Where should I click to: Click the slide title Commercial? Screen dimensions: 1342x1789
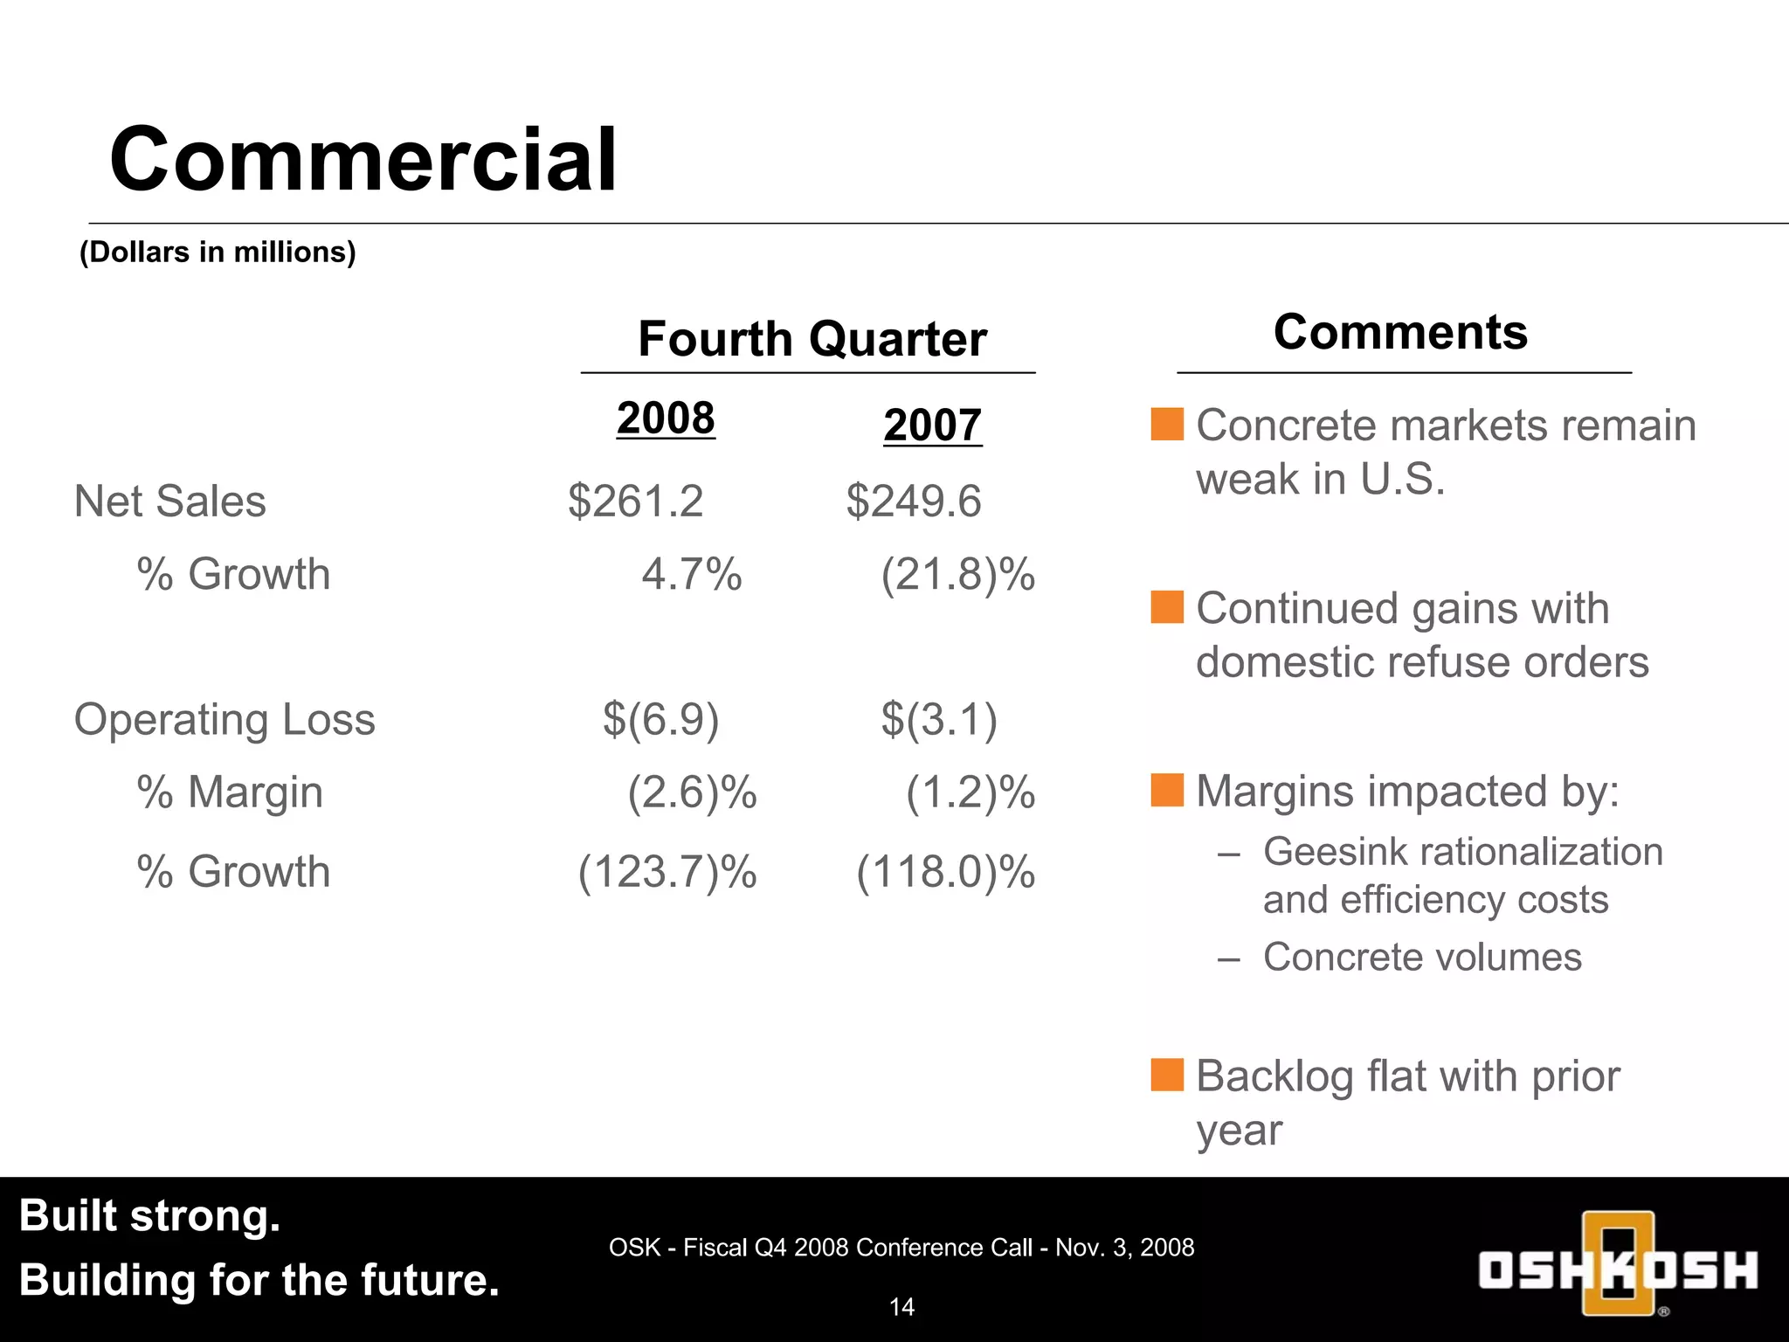[x=363, y=159]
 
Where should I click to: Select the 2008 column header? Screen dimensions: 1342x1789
[x=666, y=418]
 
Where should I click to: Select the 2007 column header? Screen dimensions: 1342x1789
[x=932, y=425]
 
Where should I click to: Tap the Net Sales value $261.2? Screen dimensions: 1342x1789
[x=635, y=502]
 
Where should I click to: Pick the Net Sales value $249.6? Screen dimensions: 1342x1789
[x=913, y=502]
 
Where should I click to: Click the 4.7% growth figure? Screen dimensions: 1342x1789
[x=691, y=575]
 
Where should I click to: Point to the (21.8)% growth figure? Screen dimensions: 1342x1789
[x=957, y=575]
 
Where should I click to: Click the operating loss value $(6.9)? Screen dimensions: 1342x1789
[x=660, y=719]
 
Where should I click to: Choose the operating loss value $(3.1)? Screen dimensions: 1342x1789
[x=938, y=719]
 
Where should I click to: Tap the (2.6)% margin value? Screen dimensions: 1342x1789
[x=692, y=792]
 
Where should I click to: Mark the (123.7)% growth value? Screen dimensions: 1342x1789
[x=667, y=872]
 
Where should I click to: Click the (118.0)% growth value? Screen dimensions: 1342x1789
[x=945, y=872]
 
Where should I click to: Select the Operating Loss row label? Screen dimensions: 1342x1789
[x=224, y=720]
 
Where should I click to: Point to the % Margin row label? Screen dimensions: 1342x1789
[x=230, y=792]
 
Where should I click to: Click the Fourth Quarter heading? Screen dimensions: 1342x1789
[x=812, y=339]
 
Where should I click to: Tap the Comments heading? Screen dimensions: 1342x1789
[x=1400, y=332]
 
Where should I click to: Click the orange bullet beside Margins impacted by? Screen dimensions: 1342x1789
[x=1167, y=790]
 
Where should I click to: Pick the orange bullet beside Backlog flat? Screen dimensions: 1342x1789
[x=1167, y=1075]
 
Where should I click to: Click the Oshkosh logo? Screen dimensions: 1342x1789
[x=1618, y=1264]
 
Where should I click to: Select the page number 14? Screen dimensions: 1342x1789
[x=901, y=1307]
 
